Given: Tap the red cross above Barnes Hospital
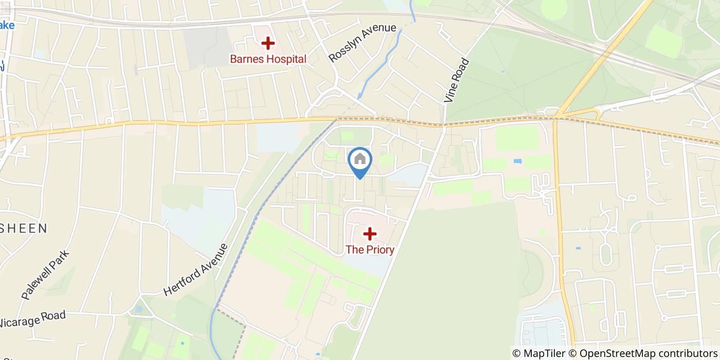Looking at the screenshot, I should [x=267, y=43].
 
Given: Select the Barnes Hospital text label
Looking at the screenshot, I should [x=268, y=59].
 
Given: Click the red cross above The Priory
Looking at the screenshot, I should [x=370, y=234].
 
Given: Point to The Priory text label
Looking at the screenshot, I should [x=370, y=250].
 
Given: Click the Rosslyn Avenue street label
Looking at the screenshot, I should [x=363, y=43].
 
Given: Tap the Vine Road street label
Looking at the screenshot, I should [x=457, y=80].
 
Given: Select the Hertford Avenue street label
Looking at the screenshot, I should [x=196, y=269].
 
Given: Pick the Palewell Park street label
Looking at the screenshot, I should [x=45, y=275].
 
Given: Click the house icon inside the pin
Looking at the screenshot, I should [x=360, y=159].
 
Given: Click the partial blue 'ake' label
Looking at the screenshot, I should [x=7, y=25].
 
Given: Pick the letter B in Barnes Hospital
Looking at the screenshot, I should [x=233, y=59].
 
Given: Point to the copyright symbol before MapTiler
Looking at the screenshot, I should [x=516, y=353].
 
